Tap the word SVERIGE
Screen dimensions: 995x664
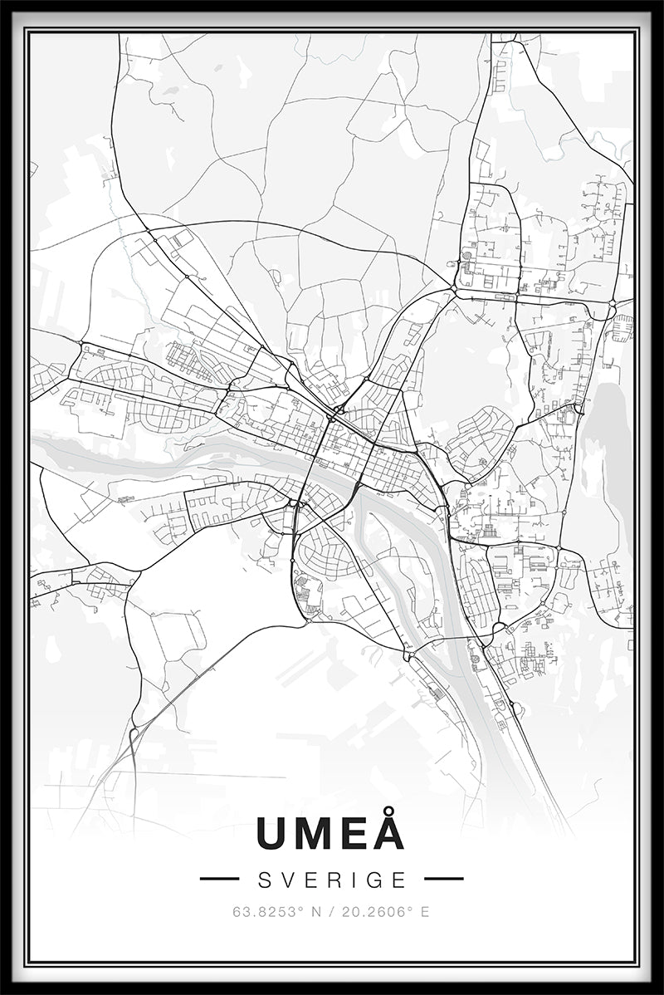coord(332,880)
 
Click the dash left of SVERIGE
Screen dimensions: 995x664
coord(219,879)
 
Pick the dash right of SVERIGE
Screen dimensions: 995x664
coord(443,879)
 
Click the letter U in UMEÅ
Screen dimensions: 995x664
coord(275,834)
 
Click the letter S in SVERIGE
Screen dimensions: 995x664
coord(264,880)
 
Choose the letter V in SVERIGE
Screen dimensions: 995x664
coord(287,880)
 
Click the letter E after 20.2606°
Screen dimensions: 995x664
coord(426,911)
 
